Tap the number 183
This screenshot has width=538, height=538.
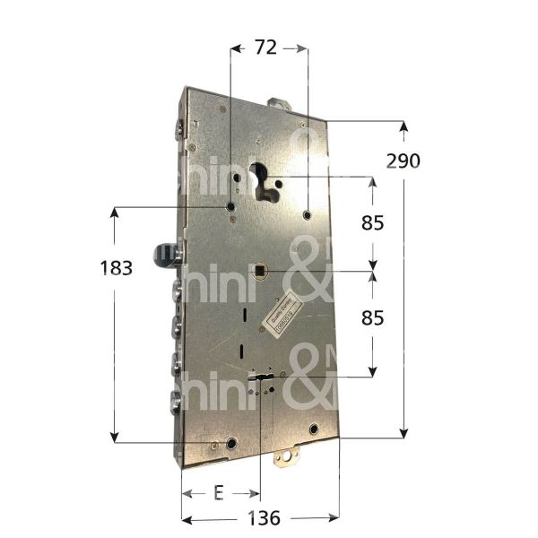(x=117, y=268)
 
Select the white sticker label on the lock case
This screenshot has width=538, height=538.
(x=281, y=314)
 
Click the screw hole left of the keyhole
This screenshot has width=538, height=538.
(x=230, y=208)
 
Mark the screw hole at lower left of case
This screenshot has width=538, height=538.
(x=231, y=443)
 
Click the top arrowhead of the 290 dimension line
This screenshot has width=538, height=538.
(x=404, y=126)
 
